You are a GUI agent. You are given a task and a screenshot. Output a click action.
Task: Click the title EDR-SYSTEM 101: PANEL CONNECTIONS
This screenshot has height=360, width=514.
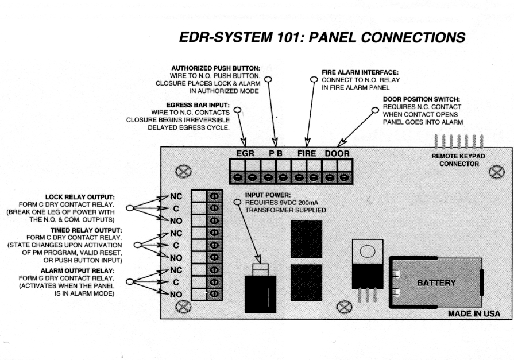pyautogui.click(x=322, y=38)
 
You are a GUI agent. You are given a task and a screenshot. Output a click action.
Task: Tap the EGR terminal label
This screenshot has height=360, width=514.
pyautogui.click(x=245, y=154)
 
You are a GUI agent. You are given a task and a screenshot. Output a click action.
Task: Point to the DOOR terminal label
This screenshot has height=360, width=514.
pyautogui.click(x=337, y=154)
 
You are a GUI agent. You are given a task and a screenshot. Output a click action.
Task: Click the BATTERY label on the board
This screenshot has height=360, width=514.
pyautogui.click(x=436, y=282)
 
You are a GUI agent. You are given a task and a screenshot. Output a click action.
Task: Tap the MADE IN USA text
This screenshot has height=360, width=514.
pyautogui.click(x=474, y=314)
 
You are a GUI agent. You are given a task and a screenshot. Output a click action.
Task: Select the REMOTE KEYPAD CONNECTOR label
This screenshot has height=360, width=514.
pyautogui.click(x=459, y=160)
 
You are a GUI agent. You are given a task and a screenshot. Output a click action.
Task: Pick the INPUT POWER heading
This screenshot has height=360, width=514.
pyautogui.click(x=268, y=195)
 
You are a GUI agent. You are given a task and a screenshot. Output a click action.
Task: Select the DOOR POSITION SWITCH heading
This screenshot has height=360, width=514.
pyautogui.click(x=422, y=99)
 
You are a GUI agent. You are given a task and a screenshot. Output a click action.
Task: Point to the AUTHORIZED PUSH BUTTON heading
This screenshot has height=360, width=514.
pyautogui.click(x=215, y=68)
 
